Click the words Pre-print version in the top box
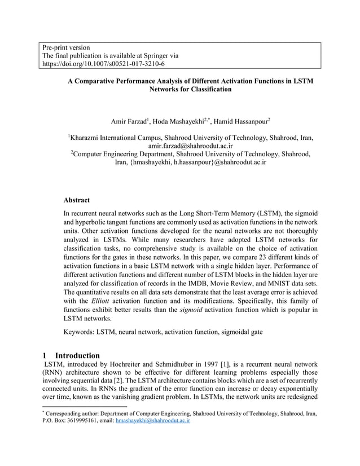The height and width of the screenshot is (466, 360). (66, 47)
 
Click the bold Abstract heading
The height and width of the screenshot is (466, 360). (76, 200)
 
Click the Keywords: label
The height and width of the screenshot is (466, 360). (82, 332)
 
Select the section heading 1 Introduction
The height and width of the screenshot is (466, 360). (71, 355)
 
